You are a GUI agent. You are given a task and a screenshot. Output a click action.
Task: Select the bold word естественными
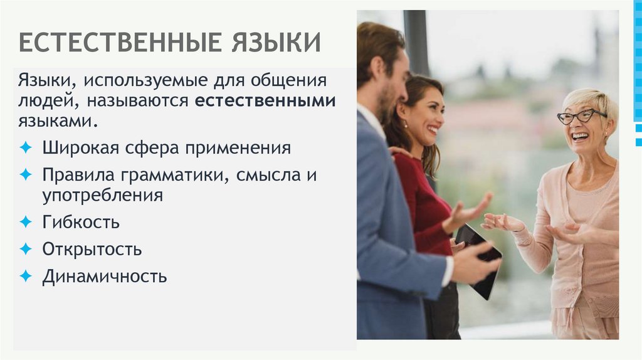click(x=265, y=101)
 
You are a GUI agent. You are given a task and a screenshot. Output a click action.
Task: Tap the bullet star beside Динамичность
click(x=25, y=276)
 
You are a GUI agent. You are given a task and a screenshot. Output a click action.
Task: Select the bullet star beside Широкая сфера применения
click(x=25, y=149)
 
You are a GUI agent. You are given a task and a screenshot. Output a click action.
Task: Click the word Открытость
click(x=92, y=250)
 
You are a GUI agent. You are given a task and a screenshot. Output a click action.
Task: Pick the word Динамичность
click(x=104, y=277)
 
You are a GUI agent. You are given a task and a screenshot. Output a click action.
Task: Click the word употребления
click(x=102, y=195)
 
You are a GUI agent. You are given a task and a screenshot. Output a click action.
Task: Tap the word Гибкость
click(x=81, y=222)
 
